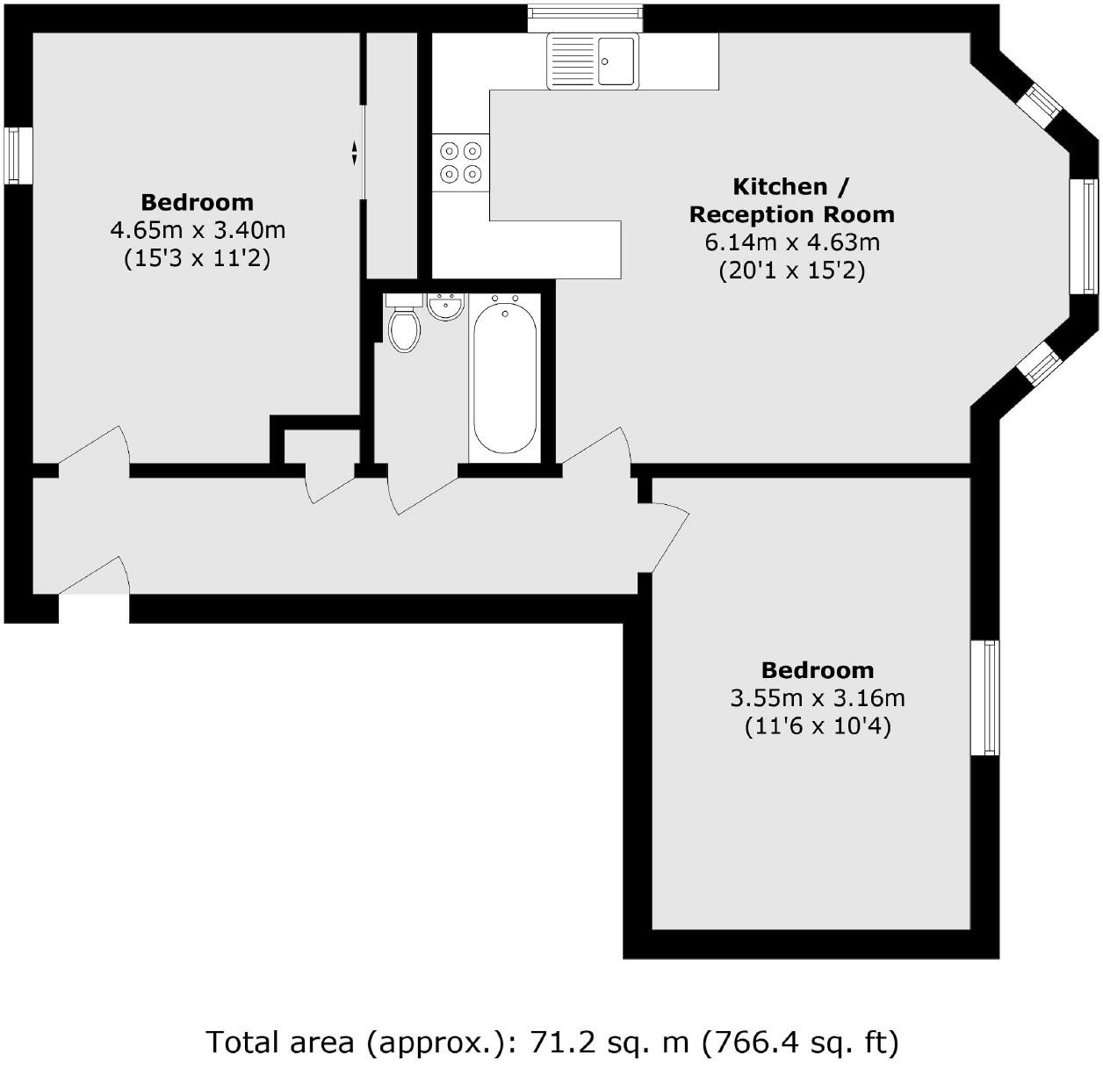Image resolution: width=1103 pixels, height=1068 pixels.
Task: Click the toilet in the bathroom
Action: tap(403, 326)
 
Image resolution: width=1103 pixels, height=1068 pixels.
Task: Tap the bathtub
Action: tap(504, 376)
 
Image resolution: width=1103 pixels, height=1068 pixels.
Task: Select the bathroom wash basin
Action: tap(446, 307)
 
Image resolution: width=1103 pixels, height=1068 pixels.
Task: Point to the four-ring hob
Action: tap(461, 162)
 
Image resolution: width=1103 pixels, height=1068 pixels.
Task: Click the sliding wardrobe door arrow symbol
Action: tap(354, 153)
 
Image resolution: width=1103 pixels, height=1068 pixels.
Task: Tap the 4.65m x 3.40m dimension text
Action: tap(198, 230)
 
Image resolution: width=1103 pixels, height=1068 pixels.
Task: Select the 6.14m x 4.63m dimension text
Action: tap(791, 242)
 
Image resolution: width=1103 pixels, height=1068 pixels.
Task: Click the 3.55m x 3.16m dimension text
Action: tap(817, 698)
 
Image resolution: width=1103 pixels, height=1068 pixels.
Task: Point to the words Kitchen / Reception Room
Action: tap(791, 200)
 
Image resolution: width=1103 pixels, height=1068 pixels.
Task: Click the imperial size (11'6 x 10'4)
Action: tap(817, 726)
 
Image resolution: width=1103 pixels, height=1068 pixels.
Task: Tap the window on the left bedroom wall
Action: tap(18, 155)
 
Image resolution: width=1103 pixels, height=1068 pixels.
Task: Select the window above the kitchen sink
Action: tap(585, 18)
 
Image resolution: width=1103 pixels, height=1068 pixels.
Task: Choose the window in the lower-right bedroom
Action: tap(984, 697)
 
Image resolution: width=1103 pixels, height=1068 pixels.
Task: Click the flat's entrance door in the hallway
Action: tap(95, 580)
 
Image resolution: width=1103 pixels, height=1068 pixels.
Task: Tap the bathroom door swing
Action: tap(422, 492)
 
